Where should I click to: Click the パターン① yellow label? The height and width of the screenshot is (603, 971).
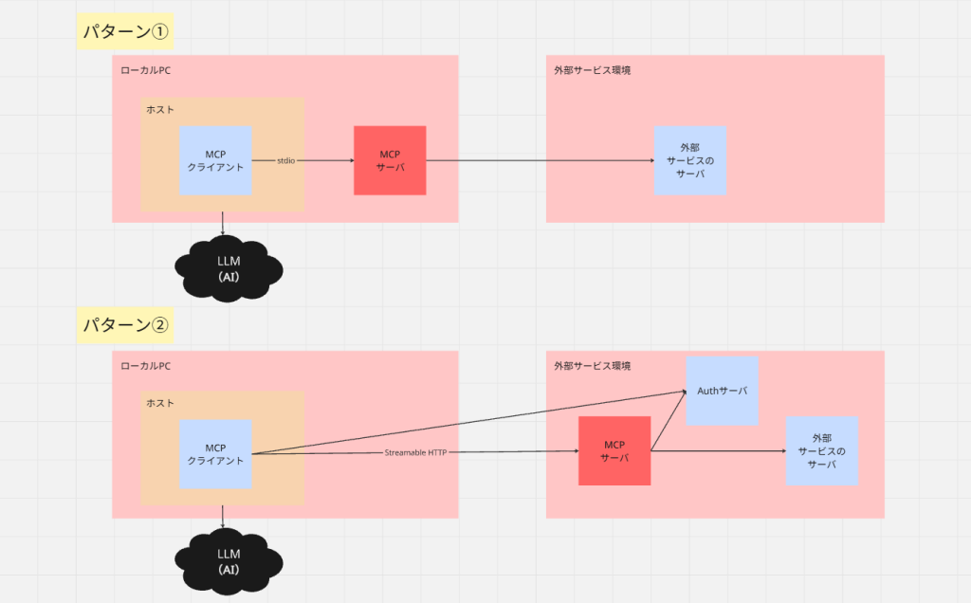tap(125, 31)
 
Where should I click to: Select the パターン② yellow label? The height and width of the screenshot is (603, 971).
tap(125, 324)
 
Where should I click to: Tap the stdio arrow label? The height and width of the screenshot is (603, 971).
tap(286, 161)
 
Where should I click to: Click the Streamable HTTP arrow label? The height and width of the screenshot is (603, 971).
tap(415, 452)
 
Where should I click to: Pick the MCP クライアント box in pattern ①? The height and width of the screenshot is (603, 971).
tap(215, 161)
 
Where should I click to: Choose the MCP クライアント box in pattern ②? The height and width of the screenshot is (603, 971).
tap(215, 454)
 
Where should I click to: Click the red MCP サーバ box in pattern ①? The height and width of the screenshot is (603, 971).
tap(390, 160)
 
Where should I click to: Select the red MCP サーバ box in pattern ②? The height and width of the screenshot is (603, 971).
tap(614, 450)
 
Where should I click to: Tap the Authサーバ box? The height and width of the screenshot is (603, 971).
tap(722, 391)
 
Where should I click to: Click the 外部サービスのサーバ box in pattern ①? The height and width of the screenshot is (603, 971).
tap(690, 161)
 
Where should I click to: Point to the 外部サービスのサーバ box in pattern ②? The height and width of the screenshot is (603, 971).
tap(822, 450)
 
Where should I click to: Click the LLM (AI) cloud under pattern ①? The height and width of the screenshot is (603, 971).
tap(229, 268)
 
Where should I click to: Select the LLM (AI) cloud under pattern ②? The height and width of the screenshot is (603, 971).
tap(229, 562)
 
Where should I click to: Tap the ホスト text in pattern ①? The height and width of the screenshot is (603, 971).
tap(160, 110)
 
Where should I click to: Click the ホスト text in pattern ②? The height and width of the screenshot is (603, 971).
tap(160, 403)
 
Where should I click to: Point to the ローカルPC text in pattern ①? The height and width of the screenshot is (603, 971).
tap(145, 70)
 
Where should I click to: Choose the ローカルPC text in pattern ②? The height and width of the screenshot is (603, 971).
tap(145, 366)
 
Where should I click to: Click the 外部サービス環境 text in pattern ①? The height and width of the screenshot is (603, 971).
tap(593, 70)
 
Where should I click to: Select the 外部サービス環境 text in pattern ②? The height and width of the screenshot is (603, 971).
tap(593, 366)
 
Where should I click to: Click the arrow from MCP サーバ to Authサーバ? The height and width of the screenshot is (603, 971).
tap(669, 420)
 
